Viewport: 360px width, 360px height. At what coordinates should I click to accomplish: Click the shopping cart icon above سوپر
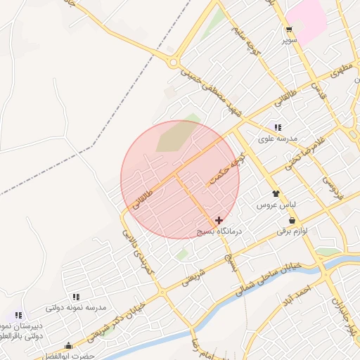(x=289, y=30)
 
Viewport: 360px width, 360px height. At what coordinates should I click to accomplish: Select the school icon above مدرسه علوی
(x=278, y=127)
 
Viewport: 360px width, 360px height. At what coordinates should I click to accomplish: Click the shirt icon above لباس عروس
(x=276, y=193)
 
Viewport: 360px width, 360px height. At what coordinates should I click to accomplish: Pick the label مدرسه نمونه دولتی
(x=76, y=308)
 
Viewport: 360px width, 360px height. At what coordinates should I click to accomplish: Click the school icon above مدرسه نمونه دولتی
(x=76, y=297)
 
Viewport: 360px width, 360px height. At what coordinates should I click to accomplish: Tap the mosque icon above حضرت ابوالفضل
(x=68, y=346)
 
